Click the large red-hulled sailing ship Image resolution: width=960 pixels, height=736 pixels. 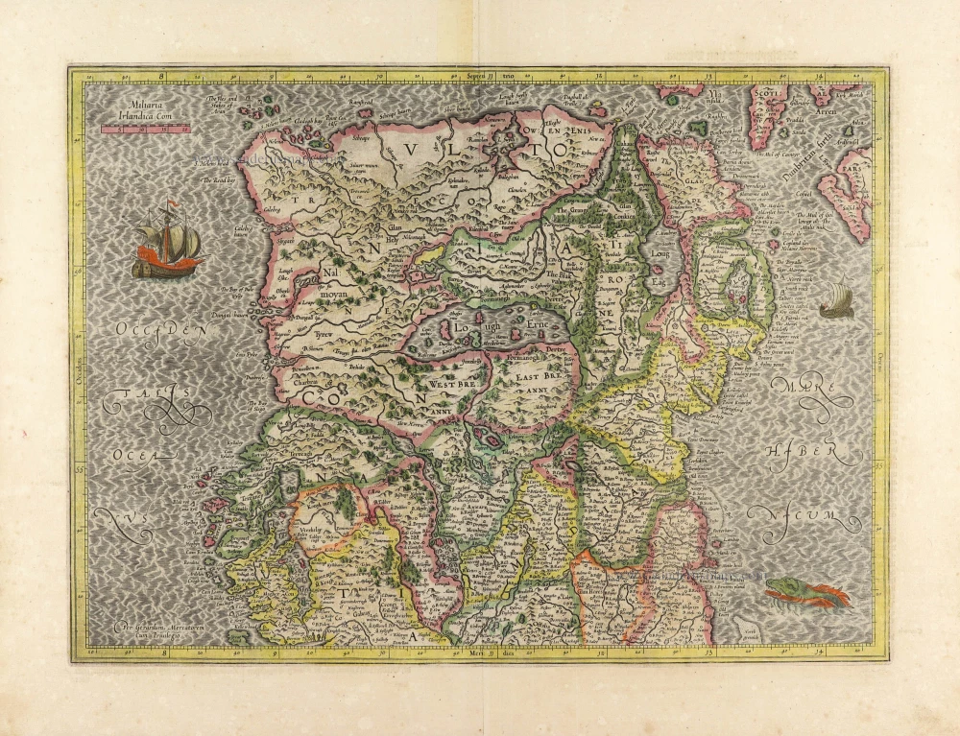(168, 242)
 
